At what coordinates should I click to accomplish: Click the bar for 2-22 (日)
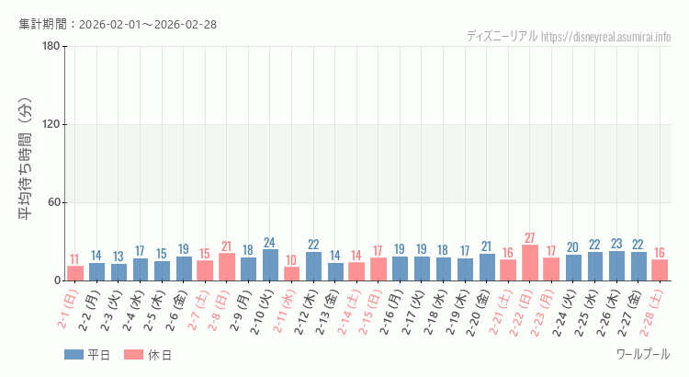pos(530,263)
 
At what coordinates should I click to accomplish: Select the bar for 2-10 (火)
pos(270,265)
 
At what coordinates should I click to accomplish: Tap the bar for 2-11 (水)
pos(291,274)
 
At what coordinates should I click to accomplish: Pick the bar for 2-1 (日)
pos(75,273)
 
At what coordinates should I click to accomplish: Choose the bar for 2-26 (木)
pos(616,266)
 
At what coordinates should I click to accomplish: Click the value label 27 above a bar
pos(530,238)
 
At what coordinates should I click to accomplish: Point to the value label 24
pos(270,243)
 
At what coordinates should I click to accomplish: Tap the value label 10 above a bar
pos(291,260)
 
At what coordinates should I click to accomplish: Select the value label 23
pos(616,244)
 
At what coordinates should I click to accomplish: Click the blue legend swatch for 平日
pos(74,355)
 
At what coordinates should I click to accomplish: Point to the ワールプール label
pos(643,354)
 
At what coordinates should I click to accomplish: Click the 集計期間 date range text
pos(118,24)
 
